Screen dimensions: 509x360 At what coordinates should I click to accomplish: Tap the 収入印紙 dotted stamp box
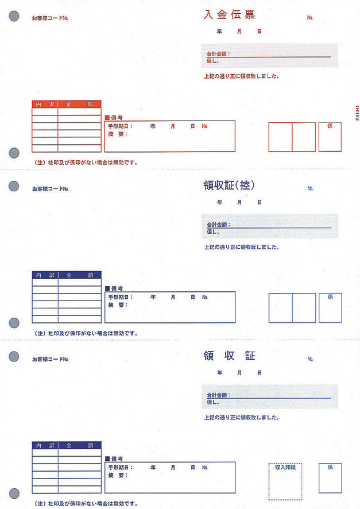(285, 480)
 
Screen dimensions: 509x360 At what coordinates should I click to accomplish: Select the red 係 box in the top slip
(330, 137)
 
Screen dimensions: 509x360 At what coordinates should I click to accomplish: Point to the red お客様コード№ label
(51, 18)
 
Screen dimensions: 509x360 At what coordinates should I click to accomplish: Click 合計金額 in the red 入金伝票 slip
(218, 53)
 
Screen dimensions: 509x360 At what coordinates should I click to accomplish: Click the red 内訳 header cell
(45, 105)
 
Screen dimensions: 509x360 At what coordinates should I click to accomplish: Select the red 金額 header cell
(79, 105)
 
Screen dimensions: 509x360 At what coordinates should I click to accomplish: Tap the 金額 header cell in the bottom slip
(79, 445)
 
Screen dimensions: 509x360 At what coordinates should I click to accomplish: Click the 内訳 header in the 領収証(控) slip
(45, 275)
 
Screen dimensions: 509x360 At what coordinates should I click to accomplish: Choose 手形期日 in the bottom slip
(119, 468)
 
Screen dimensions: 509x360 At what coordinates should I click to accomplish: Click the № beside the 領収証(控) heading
(310, 188)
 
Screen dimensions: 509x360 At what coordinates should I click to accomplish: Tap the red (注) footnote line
(86, 163)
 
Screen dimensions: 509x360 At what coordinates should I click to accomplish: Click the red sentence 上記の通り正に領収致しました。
(242, 76)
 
